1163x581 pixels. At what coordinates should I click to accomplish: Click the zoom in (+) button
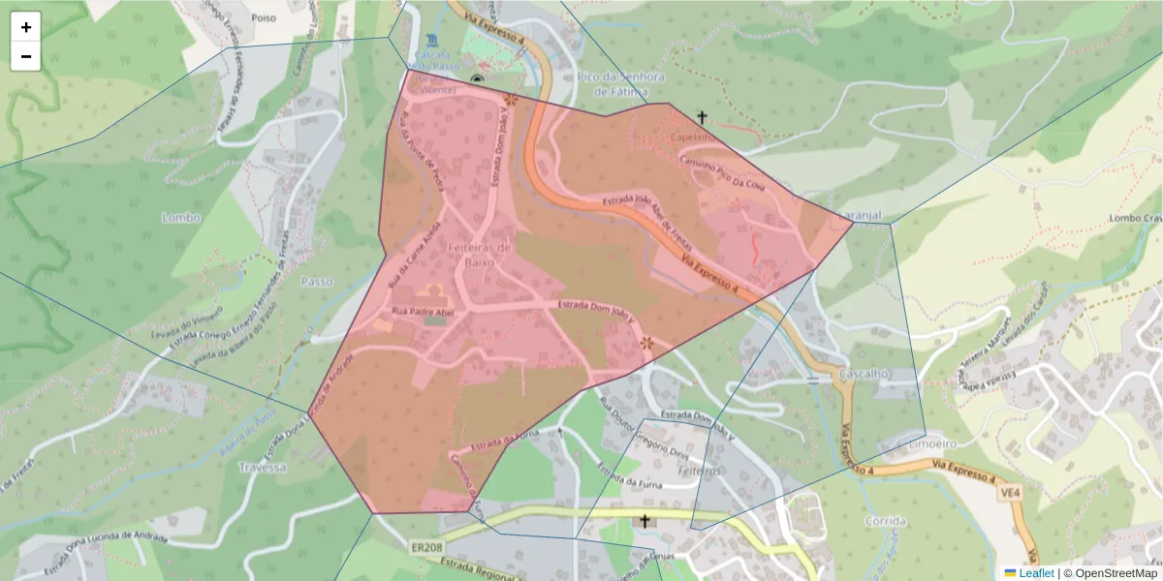tap(26, 27)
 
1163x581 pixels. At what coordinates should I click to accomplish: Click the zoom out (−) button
tap(26, 56)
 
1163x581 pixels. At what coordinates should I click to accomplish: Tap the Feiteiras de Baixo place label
tap(473, 255)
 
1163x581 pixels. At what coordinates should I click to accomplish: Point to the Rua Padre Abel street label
tap(423, 312)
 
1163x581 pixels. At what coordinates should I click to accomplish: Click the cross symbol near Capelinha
tap(703, 117)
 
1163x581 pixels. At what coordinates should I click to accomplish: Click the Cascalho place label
tap(865, 374)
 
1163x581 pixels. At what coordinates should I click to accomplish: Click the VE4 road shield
tap(1011, 493)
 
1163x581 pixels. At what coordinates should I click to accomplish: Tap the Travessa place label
tap(263, 467)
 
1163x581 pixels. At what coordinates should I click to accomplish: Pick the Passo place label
tap(317, 282)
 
